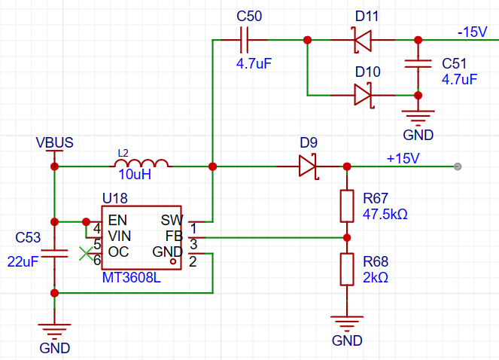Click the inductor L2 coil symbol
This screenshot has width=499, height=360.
pyautogui.click(x=141, y=163)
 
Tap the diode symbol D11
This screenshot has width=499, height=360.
pyautogui.click(x=363, y=40)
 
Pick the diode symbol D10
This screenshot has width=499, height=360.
pyautogui.click(x=364, y=95)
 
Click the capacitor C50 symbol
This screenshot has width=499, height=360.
pyautogui.click(x=244, y=40)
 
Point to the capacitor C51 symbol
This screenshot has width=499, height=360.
pyautogui.click(x=418, y=64)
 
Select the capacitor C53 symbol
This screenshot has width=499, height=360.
pyautogui.click(x=54, y=253)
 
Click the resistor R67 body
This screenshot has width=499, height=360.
pyautogui.click(x=347, y=206)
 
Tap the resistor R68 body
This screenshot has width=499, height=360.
pyautogui.click(x=347, y=269)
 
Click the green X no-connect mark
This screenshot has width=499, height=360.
pyautogui.click(x=86, y=254)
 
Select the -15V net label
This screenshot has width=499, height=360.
pyautogui.click(x=472, y=32)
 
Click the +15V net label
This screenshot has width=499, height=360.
pyautogui.click(x=403, y=158)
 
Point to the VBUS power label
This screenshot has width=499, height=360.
pyautogui.click(x=54, y=142)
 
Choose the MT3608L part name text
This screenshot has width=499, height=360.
pyautogui.click(x=132, y=277)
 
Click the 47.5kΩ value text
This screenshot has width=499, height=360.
pyautogui.click(x=385, y=214)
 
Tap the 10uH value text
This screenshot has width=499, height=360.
pyautogui.click(x=135, y=174)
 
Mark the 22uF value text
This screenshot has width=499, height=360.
pyautogui.click(x=23, y=261)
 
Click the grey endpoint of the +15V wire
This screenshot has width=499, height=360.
pyautogui.click(x=458, y=166)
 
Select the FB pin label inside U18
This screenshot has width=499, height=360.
pyautogui.click(x=174, y=236)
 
